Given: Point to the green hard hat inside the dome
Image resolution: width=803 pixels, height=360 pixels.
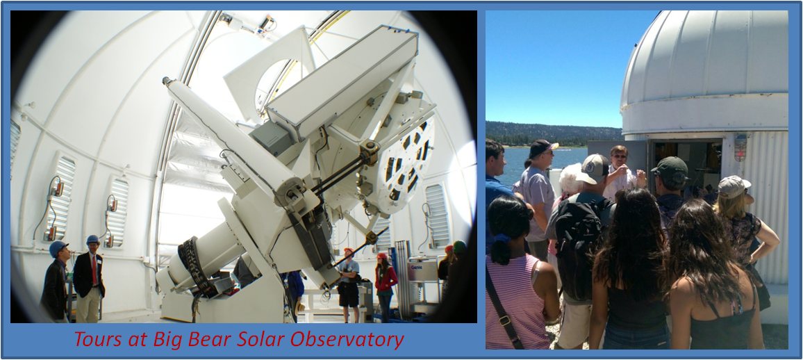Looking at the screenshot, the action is click(x=459, y=247).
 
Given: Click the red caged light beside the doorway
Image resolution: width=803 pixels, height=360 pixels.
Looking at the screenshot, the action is click(x=740, y=147).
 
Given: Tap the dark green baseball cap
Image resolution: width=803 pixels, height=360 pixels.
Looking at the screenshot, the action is click(x=670, y=167).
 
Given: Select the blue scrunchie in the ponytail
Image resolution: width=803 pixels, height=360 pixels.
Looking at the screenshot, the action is click(x=502, y=238).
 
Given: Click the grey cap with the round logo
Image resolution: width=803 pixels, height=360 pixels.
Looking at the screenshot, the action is click(x=593, y=168).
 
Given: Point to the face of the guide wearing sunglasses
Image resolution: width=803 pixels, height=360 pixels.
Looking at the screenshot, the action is click(x=620, y=157).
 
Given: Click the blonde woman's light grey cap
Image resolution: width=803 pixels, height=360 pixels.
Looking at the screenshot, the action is click(x=734, y=185).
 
